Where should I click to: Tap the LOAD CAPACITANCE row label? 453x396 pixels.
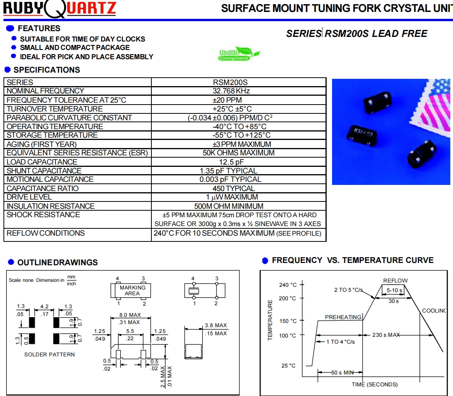42,162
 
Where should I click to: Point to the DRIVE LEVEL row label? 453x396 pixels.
29,197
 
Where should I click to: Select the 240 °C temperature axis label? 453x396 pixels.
288,285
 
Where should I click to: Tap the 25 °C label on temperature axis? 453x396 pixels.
289,366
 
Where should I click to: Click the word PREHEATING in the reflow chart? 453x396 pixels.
343,317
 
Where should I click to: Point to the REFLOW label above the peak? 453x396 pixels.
395,281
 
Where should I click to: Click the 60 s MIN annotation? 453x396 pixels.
342,373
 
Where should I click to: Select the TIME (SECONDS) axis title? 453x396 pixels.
374,384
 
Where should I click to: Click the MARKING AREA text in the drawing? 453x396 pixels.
133,290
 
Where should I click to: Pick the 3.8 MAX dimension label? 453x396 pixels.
216,325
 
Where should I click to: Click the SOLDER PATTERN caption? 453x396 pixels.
49,354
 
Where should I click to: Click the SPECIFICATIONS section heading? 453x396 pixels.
47,70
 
